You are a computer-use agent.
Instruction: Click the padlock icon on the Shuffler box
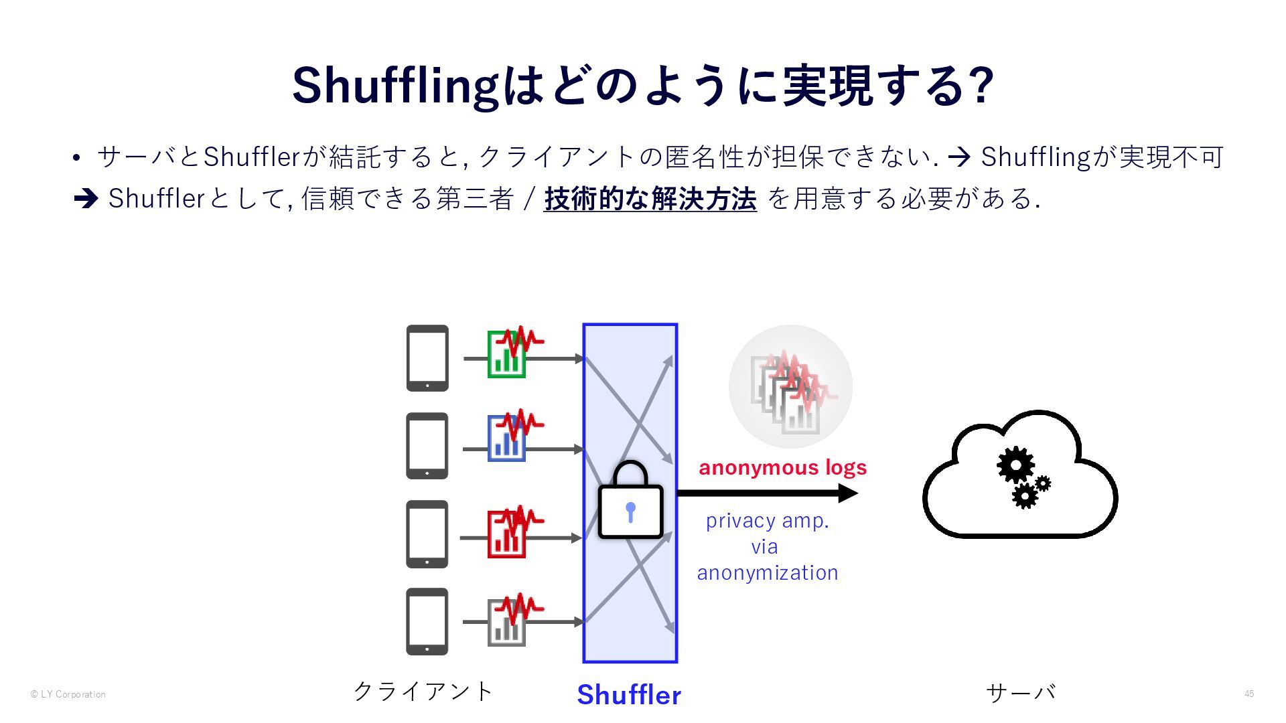point(630,503)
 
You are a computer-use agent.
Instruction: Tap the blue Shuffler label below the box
point(629,695)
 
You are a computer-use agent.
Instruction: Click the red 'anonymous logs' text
point(782,467)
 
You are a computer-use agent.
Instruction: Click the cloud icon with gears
point(1019,475)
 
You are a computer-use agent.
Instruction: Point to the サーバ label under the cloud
point(1021,692)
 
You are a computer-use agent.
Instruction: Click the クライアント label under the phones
point(423,691)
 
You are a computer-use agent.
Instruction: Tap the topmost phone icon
point(427,358)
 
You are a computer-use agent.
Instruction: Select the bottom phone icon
point(427,621)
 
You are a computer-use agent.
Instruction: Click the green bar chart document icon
point(507,355)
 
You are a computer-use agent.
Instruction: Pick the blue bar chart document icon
point(507,438)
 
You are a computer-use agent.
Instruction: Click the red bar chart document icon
point(507,534)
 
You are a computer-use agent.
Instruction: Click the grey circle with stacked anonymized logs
point(790,387)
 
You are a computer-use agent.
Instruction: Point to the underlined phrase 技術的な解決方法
point(650,199)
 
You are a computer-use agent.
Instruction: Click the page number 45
point(1249,694)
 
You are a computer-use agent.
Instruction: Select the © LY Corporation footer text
point(68,694)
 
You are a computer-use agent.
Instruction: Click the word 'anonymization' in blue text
point(768,573)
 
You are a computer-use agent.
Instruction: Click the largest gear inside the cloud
point(1015,465)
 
